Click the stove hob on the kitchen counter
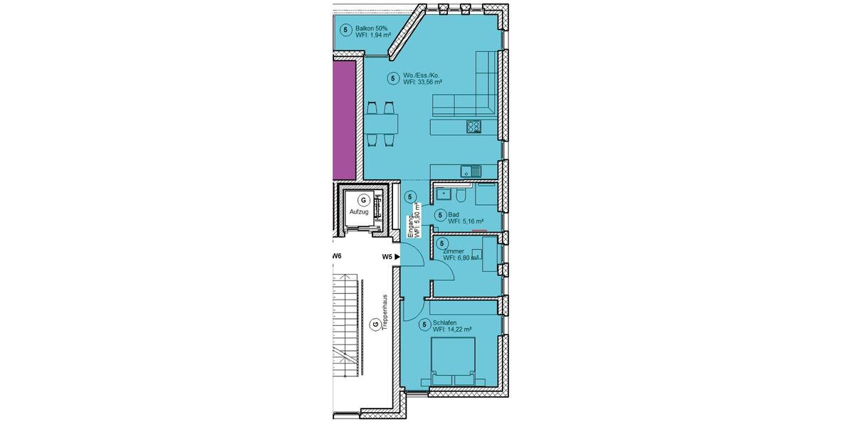tap(474, 127)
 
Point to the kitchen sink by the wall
tap(469, 170)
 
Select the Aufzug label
tap(358, 212)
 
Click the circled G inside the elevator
tap(363, 199)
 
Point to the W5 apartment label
tap(387, 257)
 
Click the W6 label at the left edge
tap(338, 256)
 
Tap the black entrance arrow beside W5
tap(398, 257)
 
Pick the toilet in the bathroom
tap(461, 194)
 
